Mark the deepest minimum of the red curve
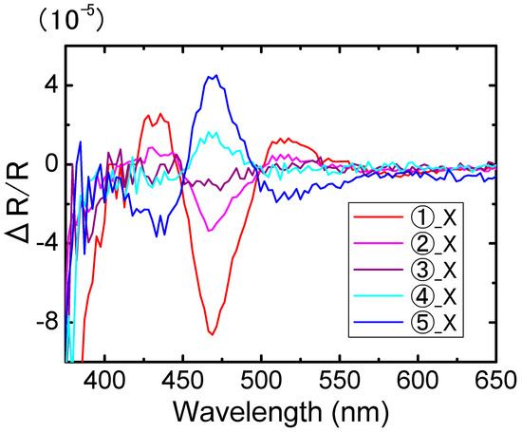(x=212, y=334)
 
